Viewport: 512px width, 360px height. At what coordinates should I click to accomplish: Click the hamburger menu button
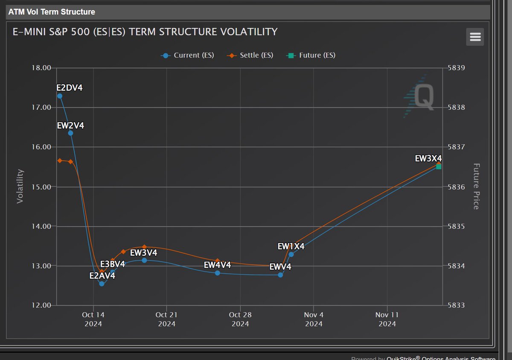475,37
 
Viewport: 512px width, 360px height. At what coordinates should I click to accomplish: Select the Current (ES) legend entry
188,55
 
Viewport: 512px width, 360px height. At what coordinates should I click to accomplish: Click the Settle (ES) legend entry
252,55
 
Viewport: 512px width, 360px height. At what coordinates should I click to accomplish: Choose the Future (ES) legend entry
312,55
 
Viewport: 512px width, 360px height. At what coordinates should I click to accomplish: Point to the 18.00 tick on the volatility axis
42,68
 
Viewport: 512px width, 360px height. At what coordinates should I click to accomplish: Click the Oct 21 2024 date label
167,319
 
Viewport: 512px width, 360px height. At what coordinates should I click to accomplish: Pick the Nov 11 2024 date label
387,319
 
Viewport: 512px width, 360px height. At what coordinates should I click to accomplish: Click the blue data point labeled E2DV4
60,96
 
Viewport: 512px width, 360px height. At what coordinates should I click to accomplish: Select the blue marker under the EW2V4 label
70,133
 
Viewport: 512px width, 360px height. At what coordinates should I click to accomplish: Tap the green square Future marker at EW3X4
439,167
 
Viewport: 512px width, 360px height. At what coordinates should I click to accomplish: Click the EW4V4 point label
217,265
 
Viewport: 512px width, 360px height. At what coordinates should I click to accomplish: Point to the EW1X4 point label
291,246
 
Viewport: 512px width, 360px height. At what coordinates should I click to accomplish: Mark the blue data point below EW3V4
144,260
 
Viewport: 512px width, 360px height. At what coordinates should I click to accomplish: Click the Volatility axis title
20,186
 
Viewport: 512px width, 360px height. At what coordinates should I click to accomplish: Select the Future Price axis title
476,186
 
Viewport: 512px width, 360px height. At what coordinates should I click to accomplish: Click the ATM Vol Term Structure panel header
52,12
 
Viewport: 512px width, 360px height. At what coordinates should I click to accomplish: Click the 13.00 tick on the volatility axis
42,266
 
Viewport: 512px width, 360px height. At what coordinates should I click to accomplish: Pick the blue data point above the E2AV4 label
102,284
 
